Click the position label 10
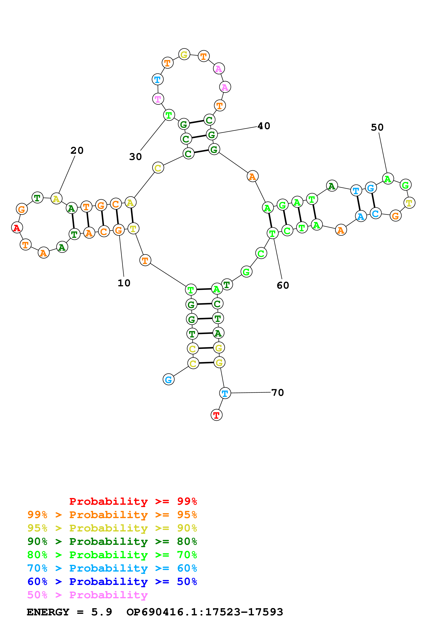(124, 283)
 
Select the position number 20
(77, 151)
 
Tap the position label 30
(135, 157)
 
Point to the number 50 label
(377, 127)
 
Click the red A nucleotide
(17, 228)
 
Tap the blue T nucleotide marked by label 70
(225, 393)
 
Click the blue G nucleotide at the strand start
(168, 379)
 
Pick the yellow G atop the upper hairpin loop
(184, 55)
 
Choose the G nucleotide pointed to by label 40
(212, 135)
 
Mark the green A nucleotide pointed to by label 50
(388, 179)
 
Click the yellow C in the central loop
(158, 168)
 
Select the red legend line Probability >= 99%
(133, 501)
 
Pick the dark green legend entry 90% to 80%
(112, 541)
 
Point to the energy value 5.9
(102, 612)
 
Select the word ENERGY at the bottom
(48, 612)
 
